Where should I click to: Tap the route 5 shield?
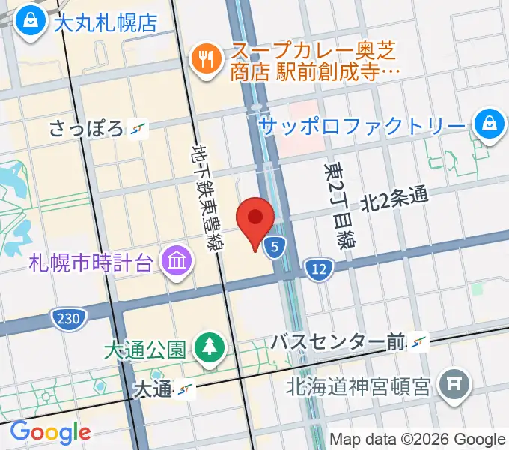(276, 245)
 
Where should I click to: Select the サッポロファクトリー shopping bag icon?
(488, 124)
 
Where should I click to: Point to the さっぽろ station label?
(86, 129)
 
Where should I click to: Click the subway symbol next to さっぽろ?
(138, 129)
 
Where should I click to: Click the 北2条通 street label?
(394, 199)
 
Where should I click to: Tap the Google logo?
(49, 432)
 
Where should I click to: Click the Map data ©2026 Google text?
(418, 439)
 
